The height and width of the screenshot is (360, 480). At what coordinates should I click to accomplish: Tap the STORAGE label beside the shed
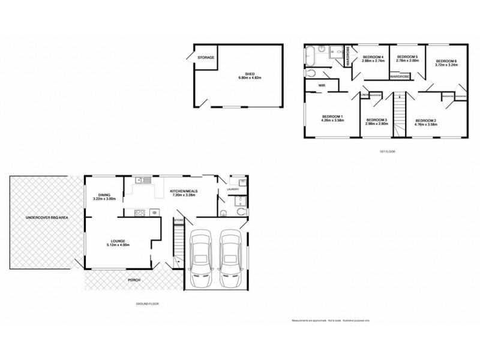(205, 58)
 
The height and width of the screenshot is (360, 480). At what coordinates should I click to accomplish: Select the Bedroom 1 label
(332, 116)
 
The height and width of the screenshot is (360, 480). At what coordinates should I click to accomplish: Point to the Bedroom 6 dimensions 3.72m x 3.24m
(446, 65)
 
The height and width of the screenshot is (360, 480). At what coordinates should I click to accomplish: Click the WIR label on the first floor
(322, 86)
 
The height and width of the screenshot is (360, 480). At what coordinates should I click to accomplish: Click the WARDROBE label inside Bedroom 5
(400, 77)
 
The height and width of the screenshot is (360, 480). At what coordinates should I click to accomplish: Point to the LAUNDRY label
(233, 189)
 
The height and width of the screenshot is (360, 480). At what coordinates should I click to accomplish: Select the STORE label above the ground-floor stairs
(178, 221)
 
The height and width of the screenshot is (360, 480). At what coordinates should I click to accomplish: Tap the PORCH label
(134, 280)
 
